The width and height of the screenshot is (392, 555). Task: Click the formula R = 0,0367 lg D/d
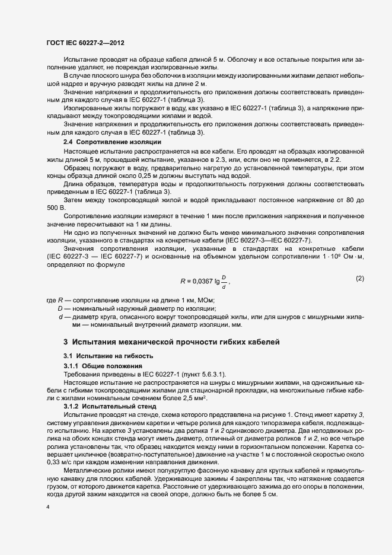(x=204, y=280)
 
